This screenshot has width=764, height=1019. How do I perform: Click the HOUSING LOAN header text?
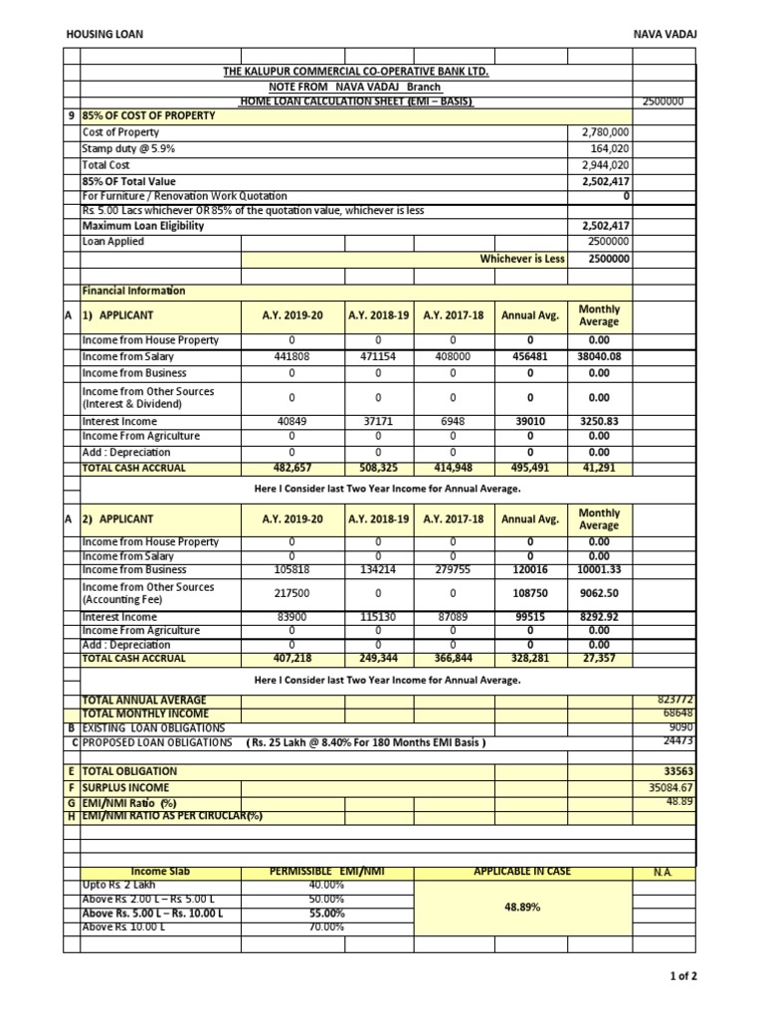(x=104, y=34)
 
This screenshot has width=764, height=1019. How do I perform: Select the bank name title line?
(x=356, y=73)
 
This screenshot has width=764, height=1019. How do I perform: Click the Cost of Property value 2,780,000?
(x=605, y=131)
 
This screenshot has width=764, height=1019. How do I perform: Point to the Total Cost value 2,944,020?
(x=605, y=165)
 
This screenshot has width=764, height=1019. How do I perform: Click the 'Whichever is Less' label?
(x=522, y=259)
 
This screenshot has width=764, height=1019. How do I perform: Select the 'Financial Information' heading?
(x=134, y=291)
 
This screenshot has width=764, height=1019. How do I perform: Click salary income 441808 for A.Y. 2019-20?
(x=291, y=357)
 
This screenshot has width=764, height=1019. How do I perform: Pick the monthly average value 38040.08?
(x=599, y=357)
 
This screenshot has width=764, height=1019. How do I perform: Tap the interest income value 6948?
(x=453, y=421)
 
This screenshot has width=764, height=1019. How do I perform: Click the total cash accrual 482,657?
(x=291, y=468)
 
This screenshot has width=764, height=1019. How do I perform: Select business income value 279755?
(x=453, y=570)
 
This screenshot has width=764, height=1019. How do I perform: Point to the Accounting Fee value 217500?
(x=291, y=593)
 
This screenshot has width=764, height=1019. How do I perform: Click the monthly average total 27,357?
(x=599, y=658)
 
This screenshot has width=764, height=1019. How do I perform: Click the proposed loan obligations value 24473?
(x=676, y=741)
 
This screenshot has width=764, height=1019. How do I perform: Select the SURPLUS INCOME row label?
(x=123, y=787)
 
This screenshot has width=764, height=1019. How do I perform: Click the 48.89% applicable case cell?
(x=521, y=908)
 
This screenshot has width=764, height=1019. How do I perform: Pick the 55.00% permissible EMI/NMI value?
(x=327, y=913)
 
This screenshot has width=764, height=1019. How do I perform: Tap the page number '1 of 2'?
(x=684, y=976)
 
